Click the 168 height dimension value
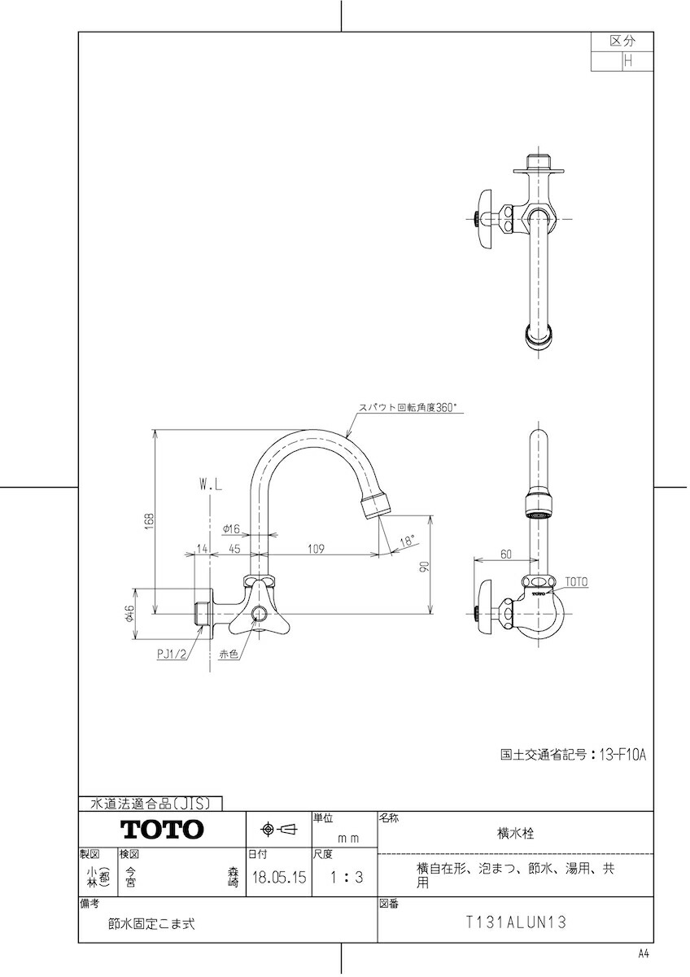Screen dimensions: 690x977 pyautogui.click(x=149, y=521)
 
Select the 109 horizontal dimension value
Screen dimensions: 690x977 pyautogui.click(x=316, y=548)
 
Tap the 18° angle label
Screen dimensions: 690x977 pyautogui.click(x=406, y=541)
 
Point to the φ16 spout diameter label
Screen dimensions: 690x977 pyautogui.click(x=231, y=529)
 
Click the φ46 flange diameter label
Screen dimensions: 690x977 pyautogui.click(x=129, y=614)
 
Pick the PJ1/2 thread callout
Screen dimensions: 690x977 pyautogui.click(x=172, y=655)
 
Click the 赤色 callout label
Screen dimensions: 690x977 pyautogui.click(x=229, y=655)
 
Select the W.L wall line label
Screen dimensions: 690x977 pyautogui.click(x=211, y=485)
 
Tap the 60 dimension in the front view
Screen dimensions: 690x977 pyautogui.click(x=505, y=554)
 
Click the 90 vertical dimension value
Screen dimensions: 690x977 pyautogui.click(x=425, y=567)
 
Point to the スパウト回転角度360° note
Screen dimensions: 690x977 pyautogui.click(x=406, y=407)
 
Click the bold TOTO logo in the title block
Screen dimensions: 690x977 pyautogui.click(x=162, y=829)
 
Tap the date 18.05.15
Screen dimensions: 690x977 pyautogui.click(x=279, y=877)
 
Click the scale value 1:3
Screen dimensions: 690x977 pyautogui.click(x=346, y=877)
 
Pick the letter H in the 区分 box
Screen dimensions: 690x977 pyautogui.click(x=628, y=61)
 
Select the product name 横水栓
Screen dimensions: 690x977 pyautogui.click(x=516, y=833)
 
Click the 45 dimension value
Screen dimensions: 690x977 pyautogui.click(x=234, y=548)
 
